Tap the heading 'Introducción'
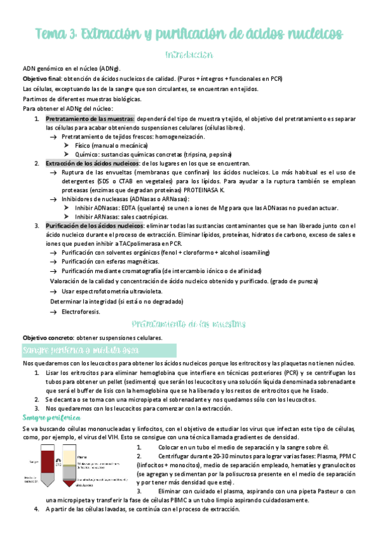point(188,56)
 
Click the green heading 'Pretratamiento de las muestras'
point(188,324)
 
